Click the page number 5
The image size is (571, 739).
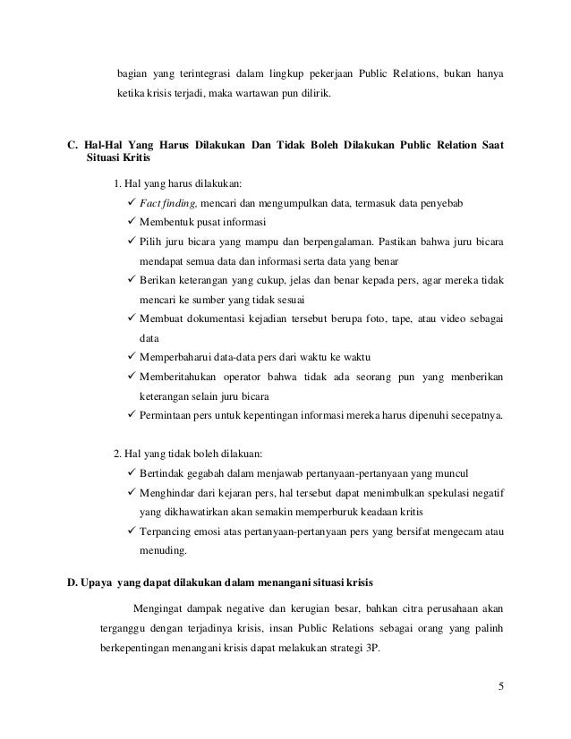(x=500, y=687)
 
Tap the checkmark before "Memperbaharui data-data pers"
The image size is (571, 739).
(x=132, y=360)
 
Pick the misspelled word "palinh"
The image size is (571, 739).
(x=489, y=630)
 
